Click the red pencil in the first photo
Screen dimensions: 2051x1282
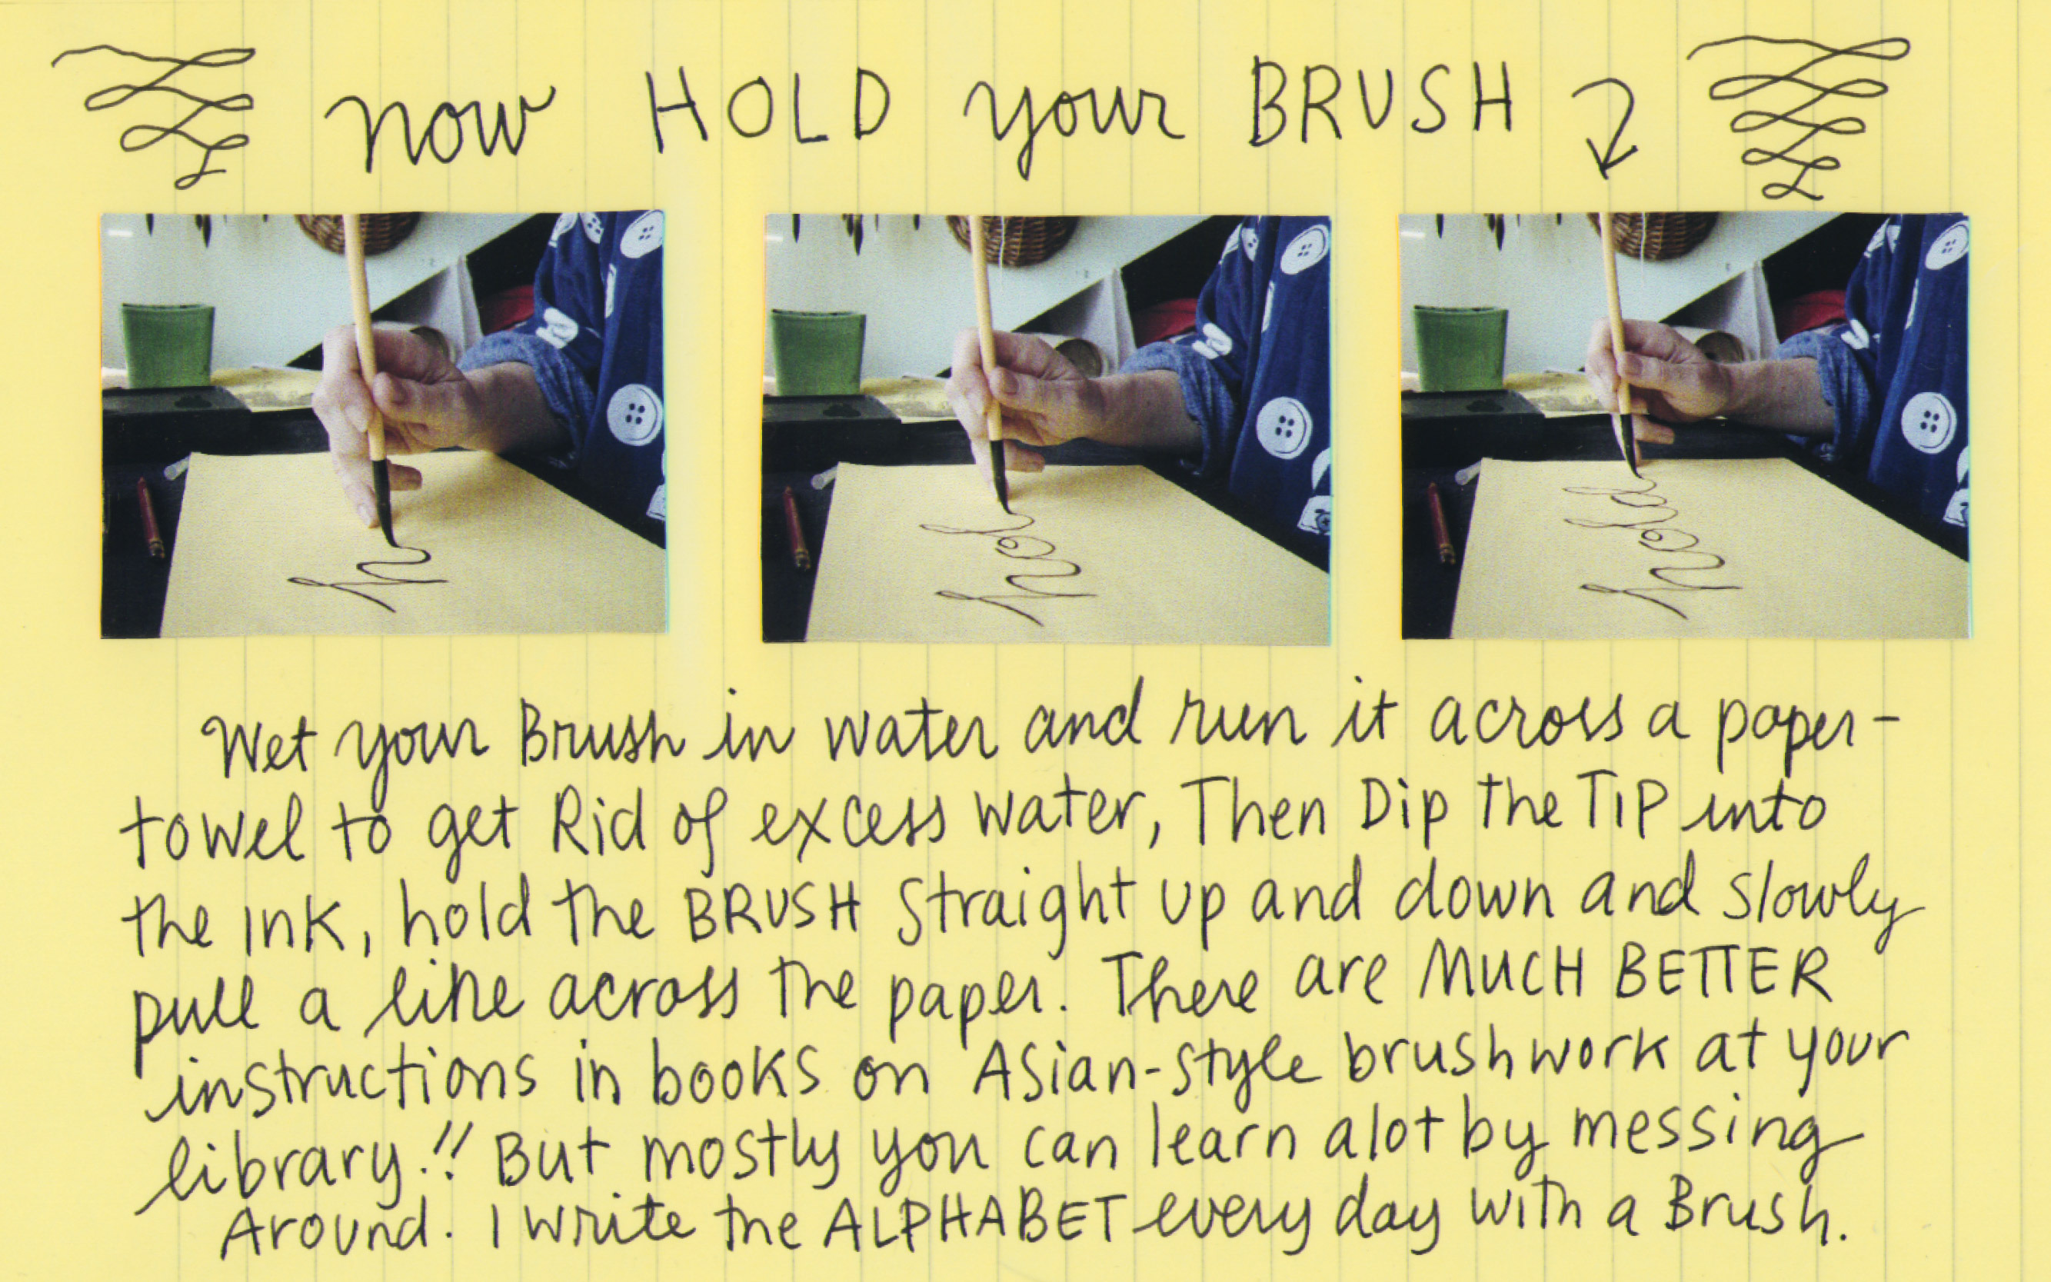(x=150, y=518)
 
